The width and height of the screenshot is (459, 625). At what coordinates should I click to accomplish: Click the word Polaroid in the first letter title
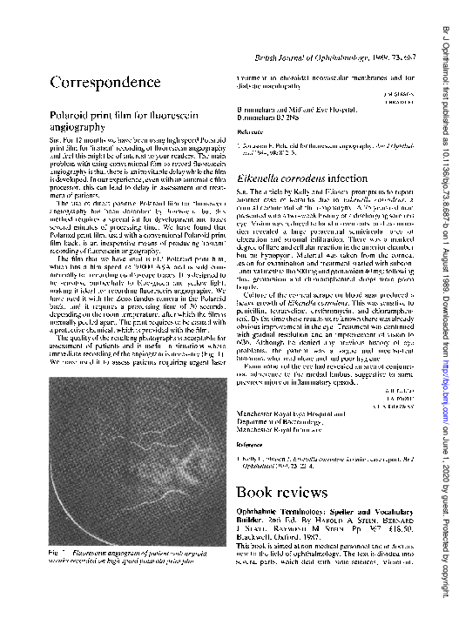(x=72, y=115)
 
